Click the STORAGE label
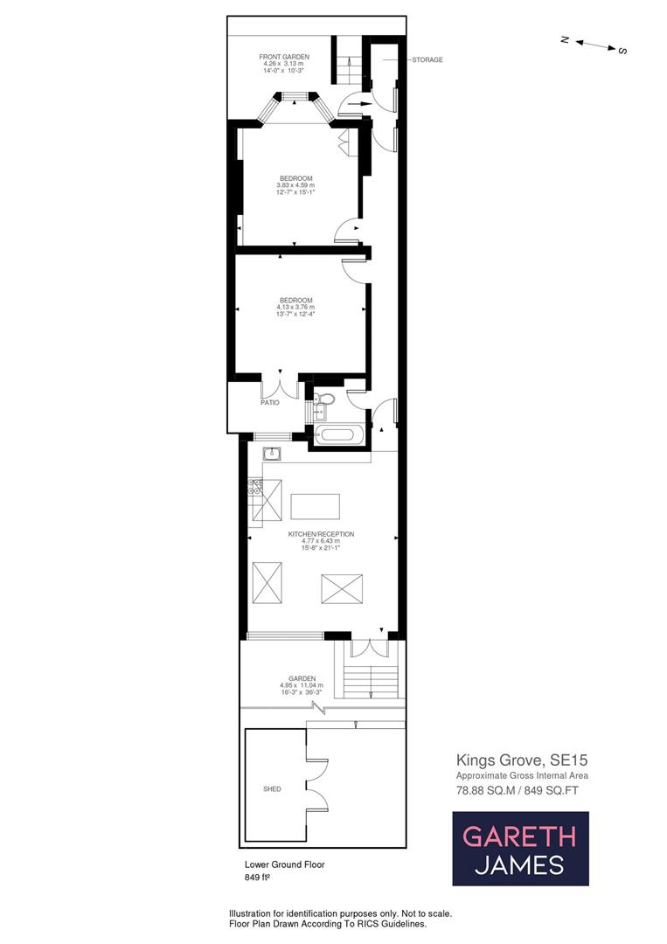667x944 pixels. tap(427, 60)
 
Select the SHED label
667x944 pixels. tap(272, 788)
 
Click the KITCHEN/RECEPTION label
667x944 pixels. tap(322, 533)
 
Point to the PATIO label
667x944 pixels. tap(268, 403)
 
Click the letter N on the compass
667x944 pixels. tap(566, 39)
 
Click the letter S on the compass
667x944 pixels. tap(622, 51)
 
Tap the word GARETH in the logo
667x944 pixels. tap(519, 836)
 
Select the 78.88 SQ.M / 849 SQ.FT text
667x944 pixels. tap(518, 789)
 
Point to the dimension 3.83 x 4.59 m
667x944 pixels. tap(295, 185)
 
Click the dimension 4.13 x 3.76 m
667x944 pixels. tap(295, 308)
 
